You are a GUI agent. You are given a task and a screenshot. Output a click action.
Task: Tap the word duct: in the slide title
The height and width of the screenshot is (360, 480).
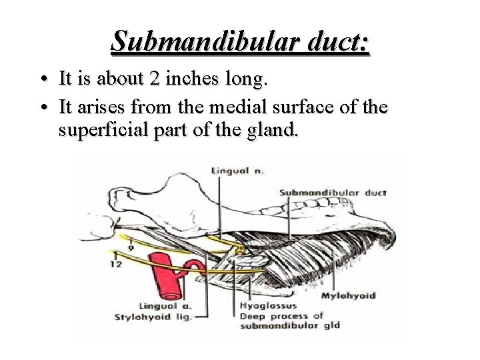[x=334, y=41]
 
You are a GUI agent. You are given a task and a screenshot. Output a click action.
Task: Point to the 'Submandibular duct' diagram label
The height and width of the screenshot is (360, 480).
[x=333, y=193]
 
